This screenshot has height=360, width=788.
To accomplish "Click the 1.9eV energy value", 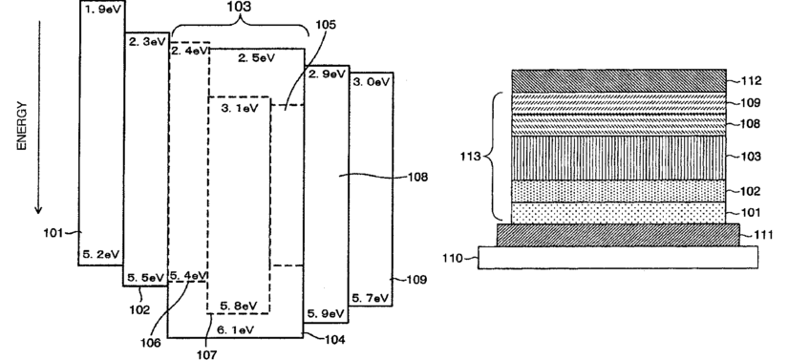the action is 102,11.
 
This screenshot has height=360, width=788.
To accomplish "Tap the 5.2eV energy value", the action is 100,254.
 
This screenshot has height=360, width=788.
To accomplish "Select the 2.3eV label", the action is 147,42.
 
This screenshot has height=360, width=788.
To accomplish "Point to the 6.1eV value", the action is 235,329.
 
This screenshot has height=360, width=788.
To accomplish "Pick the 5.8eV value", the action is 239,306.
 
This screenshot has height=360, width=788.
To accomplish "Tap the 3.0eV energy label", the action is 372,82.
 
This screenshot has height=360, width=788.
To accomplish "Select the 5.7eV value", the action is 371,298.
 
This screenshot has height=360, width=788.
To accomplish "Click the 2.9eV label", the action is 328,74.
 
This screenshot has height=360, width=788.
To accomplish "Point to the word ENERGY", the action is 21,125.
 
